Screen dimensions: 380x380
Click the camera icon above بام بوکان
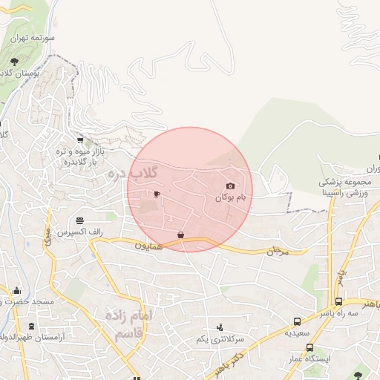tap(230, 186)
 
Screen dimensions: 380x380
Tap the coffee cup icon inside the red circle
tap(157, 194)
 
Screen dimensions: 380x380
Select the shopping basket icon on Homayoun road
tap(180, 235)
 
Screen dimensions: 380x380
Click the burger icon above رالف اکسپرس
tap(79, 220)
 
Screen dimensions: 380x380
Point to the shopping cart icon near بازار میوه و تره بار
tap(80, 139)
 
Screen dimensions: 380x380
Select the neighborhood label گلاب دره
tap(134, 174)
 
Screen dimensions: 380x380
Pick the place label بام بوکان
tap(230, 198)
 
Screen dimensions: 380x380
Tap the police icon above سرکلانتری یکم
tap(219, 327)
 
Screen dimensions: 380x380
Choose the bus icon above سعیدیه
tap(298, 322)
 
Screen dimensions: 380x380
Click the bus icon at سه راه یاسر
tap(338, 302)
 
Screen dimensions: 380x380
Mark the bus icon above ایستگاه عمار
tap(309, 347)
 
